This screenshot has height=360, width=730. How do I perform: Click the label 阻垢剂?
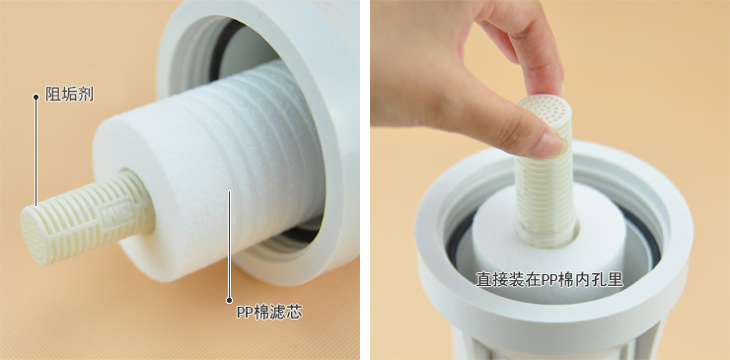(69, 95)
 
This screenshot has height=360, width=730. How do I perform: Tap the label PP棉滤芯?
(269, 312)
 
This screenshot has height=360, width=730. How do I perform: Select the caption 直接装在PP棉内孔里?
(548, 279)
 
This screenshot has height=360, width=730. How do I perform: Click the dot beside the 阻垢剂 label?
(36, 97)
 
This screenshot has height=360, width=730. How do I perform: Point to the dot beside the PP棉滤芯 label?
(229, 301)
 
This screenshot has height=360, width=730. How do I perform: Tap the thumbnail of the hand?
(548, 145)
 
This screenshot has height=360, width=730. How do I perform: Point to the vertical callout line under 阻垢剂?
(36, 151)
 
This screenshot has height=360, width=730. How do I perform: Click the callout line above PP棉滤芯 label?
(229, 245)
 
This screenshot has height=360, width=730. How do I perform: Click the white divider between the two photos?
(365, 180)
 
